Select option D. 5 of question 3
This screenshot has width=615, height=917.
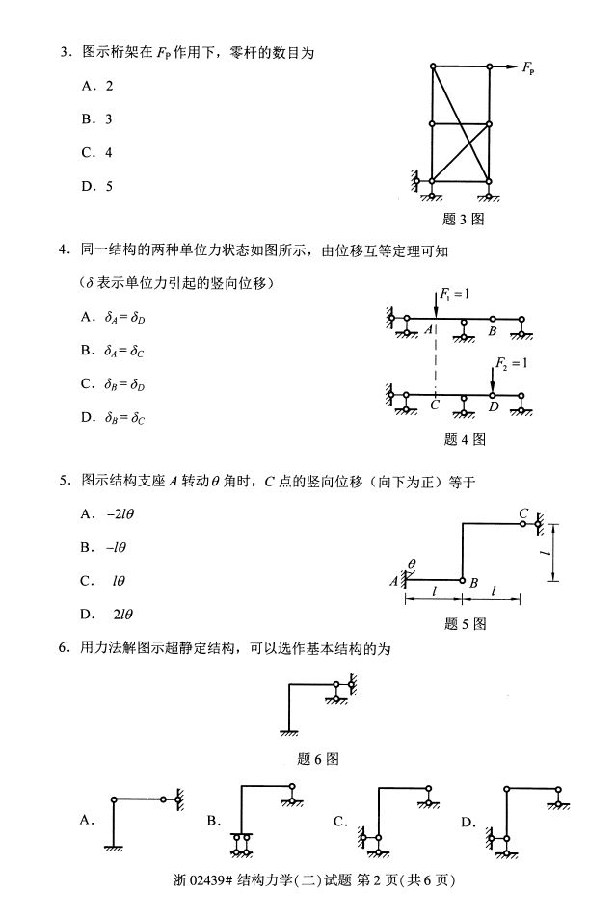[x=97, y=186]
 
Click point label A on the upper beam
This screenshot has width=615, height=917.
[x=429, y=330]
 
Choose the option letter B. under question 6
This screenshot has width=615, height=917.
[x=214, y=821]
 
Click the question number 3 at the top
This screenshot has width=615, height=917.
[x=63, y=53]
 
